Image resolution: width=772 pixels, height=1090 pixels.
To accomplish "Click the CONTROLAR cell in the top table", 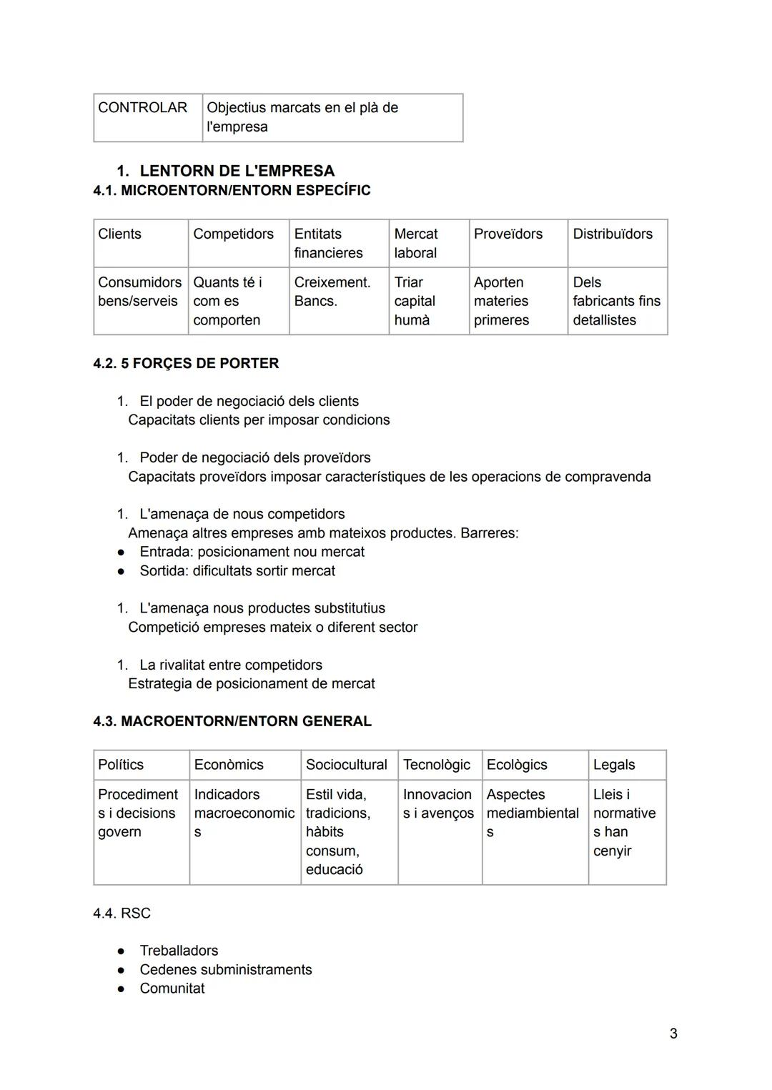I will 142,108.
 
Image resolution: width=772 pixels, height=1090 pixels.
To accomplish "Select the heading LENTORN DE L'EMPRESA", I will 237,171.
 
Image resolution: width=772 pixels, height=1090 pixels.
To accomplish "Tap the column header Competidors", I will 233,234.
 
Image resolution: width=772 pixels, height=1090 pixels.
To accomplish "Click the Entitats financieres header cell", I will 328,243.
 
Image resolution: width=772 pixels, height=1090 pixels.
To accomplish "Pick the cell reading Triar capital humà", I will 415,301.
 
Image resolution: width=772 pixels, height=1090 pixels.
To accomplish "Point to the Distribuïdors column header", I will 613,234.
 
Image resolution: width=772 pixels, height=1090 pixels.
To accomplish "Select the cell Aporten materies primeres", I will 501,301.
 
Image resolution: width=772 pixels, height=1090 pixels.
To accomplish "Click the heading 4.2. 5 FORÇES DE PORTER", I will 186,363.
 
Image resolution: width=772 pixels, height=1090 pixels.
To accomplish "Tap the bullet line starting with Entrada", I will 252,552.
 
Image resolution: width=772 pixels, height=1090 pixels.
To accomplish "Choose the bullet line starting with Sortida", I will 237,571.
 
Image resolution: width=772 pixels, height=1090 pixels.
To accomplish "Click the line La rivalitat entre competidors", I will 230,665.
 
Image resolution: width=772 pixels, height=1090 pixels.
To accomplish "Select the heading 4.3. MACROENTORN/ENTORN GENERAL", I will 232,721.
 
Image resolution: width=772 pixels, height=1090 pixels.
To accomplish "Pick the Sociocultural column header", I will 347,765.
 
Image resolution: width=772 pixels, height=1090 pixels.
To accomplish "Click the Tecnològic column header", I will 437,765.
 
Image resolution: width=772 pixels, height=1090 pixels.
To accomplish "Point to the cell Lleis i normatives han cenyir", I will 624,823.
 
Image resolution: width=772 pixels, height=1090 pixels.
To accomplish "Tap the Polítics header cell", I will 121,765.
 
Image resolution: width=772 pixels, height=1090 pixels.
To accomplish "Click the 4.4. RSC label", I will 122,913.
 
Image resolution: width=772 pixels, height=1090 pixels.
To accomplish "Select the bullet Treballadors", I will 179,951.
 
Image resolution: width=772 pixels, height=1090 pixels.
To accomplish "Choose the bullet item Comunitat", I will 172,989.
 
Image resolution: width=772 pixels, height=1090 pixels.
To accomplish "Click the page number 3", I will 673,1034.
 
